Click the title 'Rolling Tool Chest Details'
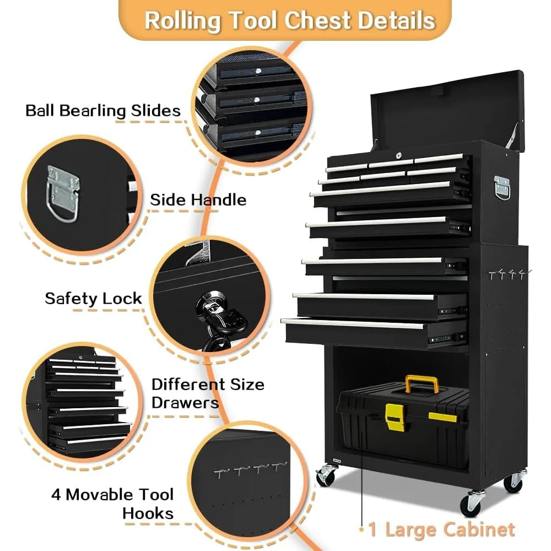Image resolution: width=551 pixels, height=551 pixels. click(289, 20)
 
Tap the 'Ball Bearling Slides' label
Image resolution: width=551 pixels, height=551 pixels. click(103, 110)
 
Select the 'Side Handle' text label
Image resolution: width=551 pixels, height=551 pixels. click(198, 199)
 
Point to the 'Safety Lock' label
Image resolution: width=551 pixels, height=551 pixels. click(93, 299)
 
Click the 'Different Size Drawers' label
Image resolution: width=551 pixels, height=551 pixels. click(208, 393)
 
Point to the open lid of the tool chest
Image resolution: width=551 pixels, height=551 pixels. click(446, 107)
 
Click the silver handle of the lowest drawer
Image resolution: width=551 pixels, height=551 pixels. click(353, 324)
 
